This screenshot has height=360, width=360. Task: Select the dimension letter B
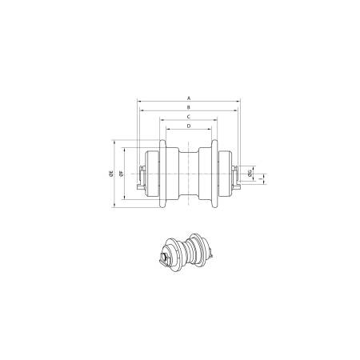coord(189,106)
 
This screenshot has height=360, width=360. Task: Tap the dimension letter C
coord(189,116)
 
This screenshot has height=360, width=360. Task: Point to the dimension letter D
coord(189,126)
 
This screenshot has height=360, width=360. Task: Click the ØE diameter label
coord(110,173)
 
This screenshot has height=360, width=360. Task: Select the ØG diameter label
coord(250,173)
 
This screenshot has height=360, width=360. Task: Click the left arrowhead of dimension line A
coord(139,101)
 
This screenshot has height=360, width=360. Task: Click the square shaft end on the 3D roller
coord(165,258)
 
